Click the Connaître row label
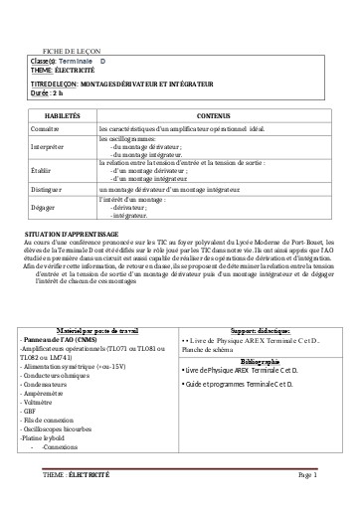click(46, 129)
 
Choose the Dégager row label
click(44, 207)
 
